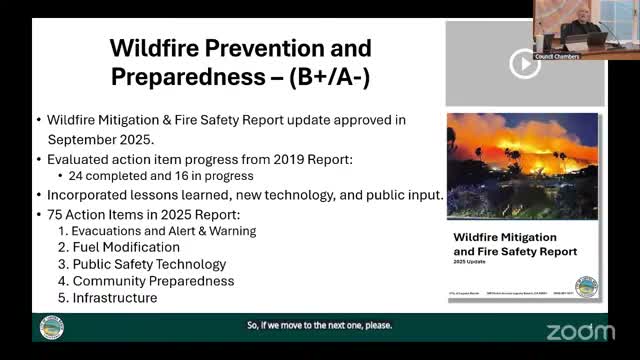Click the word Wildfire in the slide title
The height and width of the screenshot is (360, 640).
click(x=152, y=47)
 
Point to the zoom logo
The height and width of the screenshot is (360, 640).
click(x=581, y=331)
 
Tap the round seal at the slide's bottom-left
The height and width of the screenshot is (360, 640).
click(x=51, y=329)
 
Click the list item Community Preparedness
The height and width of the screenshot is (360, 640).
click(x=154, y=281)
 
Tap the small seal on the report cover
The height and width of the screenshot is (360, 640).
click(x=586, y=286)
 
